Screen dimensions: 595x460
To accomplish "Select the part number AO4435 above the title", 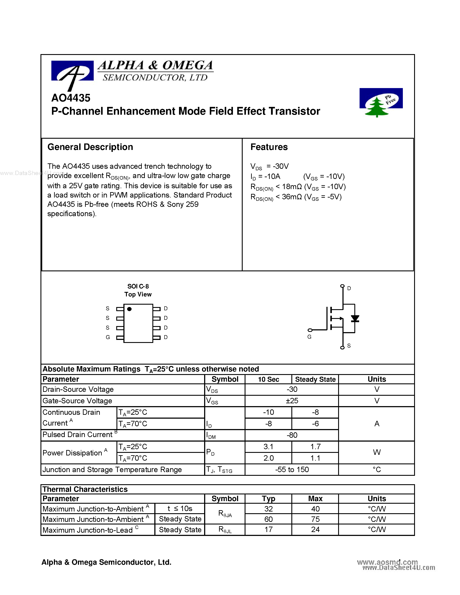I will [71, 98].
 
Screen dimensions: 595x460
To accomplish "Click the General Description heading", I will [90, 147].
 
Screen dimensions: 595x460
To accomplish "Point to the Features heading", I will [269, 147].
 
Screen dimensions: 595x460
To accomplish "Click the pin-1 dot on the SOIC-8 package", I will [129, 309].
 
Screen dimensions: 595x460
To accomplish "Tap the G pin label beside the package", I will [108, 337].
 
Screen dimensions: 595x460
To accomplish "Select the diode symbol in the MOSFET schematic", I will [355, 318].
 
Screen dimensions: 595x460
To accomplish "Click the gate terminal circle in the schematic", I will [310, 330].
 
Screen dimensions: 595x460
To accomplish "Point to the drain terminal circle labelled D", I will [342, 286].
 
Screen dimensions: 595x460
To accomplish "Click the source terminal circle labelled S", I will [342, 348].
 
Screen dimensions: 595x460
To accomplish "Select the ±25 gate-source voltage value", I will [292, 401].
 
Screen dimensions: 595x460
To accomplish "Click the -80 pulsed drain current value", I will [292, 435].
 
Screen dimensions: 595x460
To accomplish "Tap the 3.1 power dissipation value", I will [268, 447].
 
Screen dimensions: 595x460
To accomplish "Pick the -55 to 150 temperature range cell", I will [292, 470].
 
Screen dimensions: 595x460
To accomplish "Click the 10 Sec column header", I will [268, 379].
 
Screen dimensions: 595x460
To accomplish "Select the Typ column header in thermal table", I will [268, 499].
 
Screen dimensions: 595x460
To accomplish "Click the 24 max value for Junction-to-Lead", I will [315, 529].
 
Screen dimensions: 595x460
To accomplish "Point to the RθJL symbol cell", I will [225, 530].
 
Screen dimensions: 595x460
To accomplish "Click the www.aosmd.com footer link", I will [387, 562].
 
